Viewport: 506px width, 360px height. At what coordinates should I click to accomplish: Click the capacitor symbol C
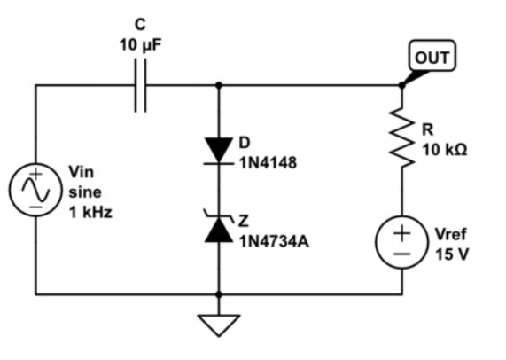[140, 86]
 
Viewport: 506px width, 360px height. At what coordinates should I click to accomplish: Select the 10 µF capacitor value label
[141, 43]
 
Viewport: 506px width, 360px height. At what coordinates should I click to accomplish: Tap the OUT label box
[432, 59]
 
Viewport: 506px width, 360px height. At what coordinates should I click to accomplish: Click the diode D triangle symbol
[218, 152]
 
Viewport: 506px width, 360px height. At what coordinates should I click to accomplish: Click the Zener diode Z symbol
[218, 227]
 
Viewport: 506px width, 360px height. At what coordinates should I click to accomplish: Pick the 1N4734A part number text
[274, 239]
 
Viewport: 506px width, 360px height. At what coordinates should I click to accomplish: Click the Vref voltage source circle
[401, 242]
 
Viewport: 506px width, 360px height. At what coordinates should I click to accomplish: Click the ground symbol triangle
[218, 325]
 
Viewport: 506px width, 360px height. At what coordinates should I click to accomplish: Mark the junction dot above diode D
[218, 86]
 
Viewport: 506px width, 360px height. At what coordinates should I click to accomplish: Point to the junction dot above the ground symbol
[218, 293]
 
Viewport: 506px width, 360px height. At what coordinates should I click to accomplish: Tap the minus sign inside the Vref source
[401, 253]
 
